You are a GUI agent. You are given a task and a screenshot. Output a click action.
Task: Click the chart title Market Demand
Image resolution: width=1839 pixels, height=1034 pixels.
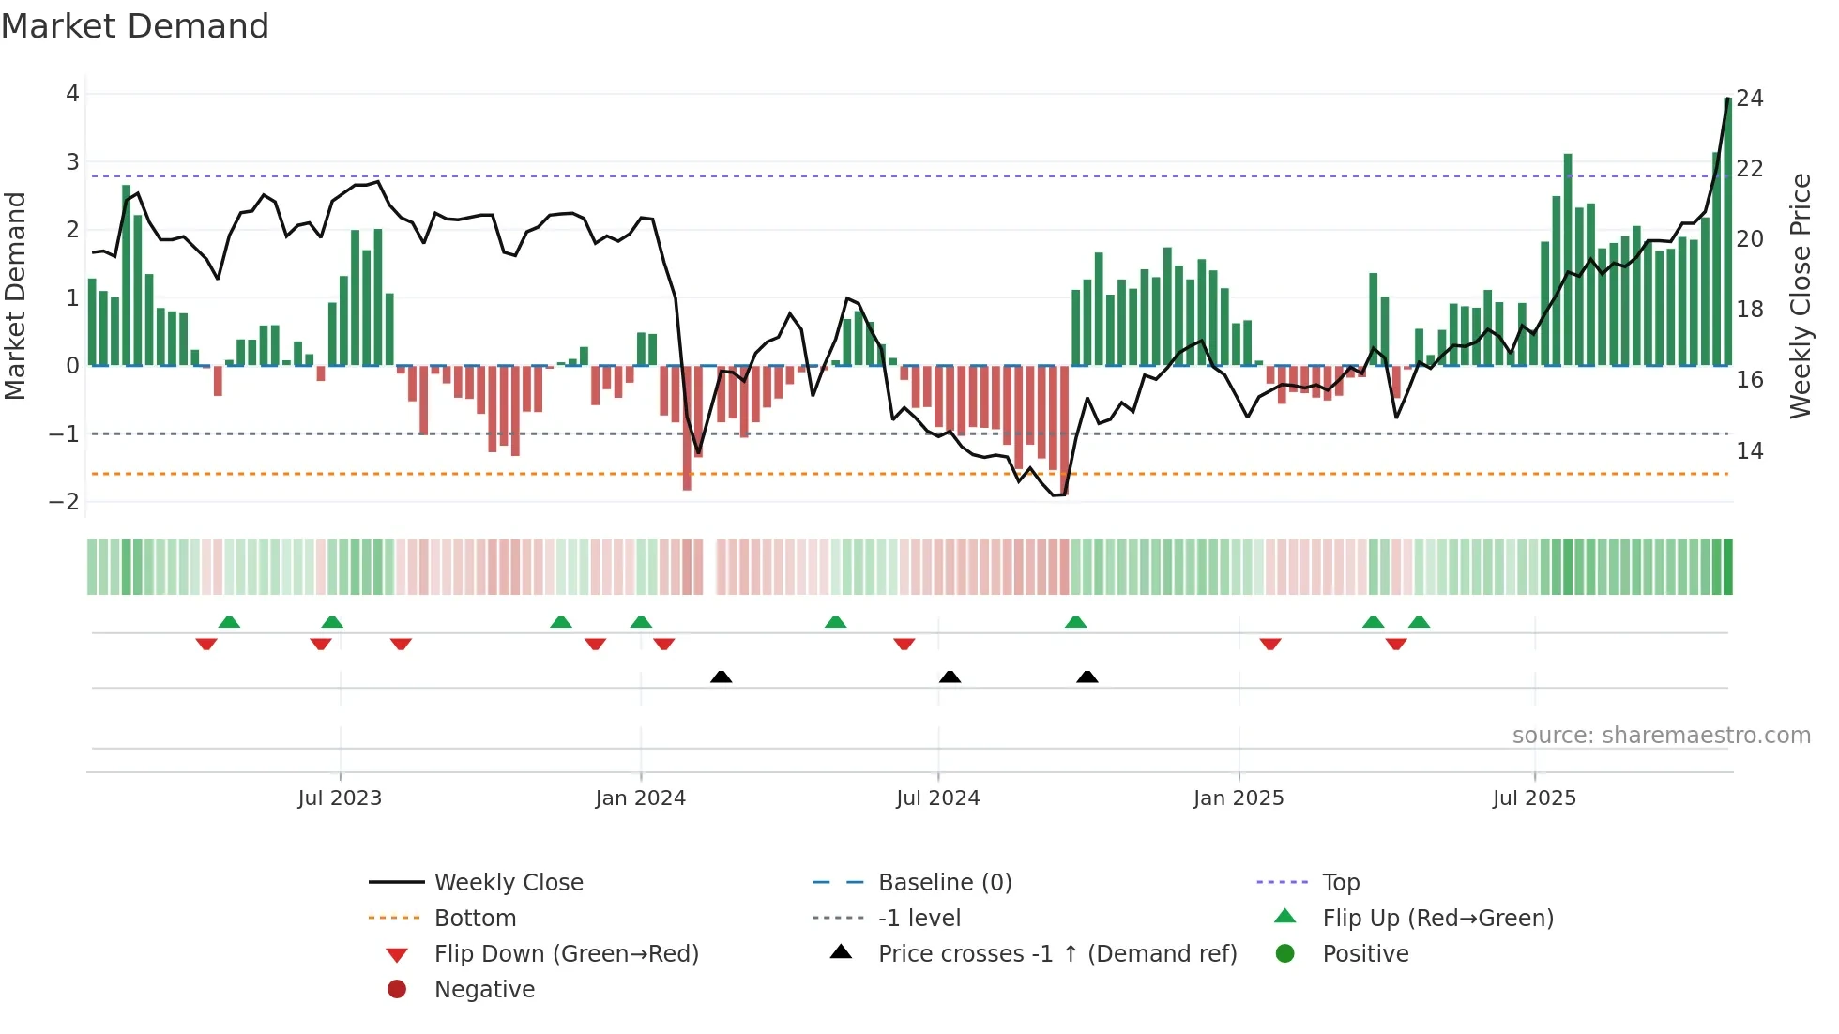pyautogui.click(x=135, y=26)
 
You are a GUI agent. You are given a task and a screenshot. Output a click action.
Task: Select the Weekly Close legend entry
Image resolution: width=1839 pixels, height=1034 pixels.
pyautogui.click(x=508, y=883)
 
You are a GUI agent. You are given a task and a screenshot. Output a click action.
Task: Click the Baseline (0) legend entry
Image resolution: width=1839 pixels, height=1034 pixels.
pyautogui.click(x=944, y=883)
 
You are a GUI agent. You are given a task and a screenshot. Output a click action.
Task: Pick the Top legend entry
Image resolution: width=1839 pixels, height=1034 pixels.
pyautogui.click(x=1340, y=883)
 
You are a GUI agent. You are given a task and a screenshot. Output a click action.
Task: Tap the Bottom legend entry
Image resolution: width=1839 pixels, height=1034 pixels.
pyautogui.click(x=475, y=919)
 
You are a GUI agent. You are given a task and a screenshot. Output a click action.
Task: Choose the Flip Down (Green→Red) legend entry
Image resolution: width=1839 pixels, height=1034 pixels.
pyautogui.click(x=566, y=954)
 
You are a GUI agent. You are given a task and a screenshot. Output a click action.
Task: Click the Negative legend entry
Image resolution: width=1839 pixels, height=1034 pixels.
pyautogui.click(x=484, y=990)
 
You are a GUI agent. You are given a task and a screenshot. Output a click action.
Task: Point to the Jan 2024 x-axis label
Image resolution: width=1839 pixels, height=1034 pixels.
pyautogui.click(x=640, y=798)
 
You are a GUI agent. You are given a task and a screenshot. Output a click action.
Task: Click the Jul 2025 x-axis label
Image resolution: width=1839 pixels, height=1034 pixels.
pyautogui.click(x=1534, y=798)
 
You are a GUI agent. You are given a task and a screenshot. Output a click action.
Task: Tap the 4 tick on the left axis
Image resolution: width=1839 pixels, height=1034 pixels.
pyautogui.click(x=72, y=94)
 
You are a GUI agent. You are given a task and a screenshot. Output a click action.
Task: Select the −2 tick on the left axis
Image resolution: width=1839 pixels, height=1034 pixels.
pyautogui.click(x=64, y=502)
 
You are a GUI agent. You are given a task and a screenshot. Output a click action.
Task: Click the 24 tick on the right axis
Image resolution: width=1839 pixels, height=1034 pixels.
pyautogui.click(x=1750, y=99)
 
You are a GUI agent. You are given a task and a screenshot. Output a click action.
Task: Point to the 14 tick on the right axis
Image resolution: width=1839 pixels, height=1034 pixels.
pyautogui.click(x=1750, y=451)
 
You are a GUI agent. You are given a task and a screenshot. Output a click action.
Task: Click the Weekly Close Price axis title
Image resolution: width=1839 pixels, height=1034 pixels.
pyautogui.click(x=1800, y=296)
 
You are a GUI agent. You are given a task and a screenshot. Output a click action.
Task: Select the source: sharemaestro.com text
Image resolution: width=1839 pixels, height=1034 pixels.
pyautogui.click(x=1661, y=736)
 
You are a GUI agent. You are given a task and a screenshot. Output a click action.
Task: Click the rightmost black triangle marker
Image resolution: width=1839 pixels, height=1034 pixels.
pyautogui.click(x=1087, y=677)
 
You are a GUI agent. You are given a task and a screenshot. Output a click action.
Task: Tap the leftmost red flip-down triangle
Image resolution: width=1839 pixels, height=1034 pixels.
pyautogui.click(x=206, y=644)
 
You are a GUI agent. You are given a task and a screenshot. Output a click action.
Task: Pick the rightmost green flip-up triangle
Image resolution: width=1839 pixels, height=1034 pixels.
pyautogui.click(x=1419, y=622)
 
